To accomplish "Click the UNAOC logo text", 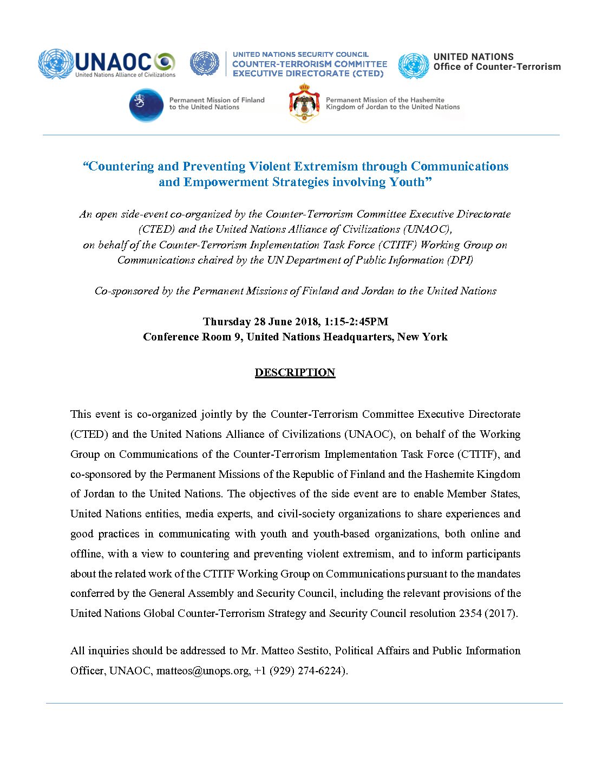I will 114,61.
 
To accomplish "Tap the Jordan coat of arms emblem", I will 304,103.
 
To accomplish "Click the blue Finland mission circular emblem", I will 146,105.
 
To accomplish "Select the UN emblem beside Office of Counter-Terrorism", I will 413,65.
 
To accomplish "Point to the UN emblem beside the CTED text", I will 204,63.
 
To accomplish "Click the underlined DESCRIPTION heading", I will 295,372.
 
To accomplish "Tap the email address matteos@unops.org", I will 203,671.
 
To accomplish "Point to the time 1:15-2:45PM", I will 356,321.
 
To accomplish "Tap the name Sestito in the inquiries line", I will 309,651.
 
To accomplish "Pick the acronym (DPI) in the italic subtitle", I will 460,260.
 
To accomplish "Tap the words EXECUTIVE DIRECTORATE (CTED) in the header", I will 308,74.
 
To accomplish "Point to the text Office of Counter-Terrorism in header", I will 497,67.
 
